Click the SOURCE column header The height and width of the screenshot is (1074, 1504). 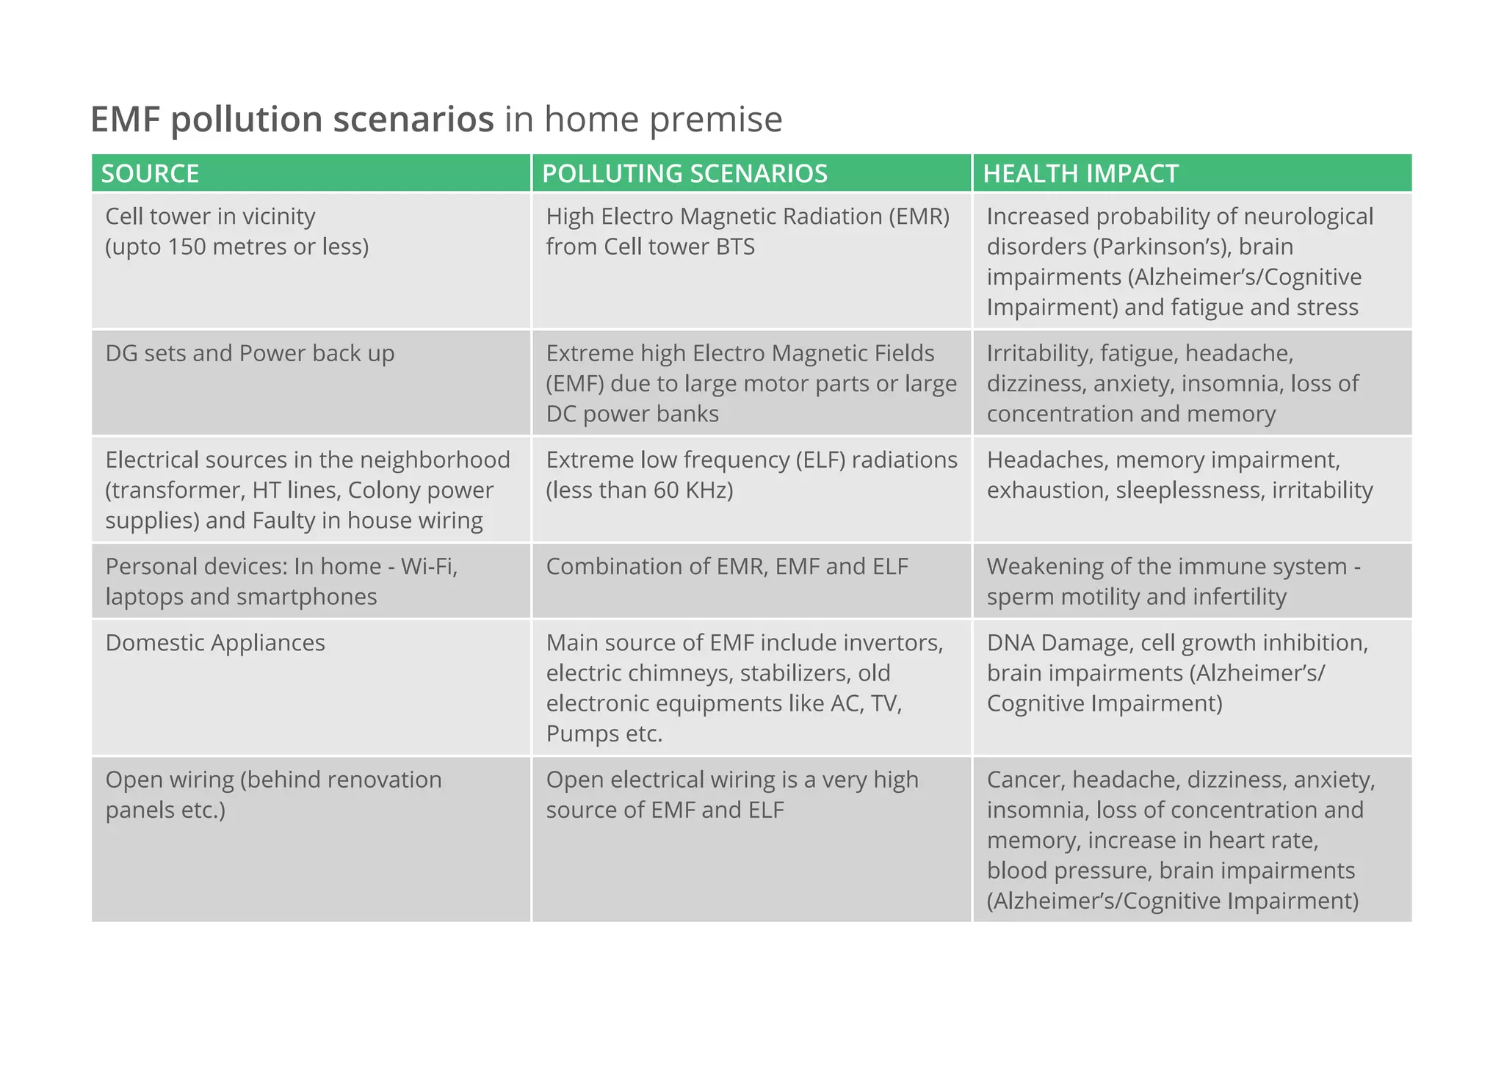tap(150, 174)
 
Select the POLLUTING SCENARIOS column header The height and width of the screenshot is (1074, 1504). tap(684, 174)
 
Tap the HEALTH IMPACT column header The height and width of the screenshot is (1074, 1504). tap(1080, 174)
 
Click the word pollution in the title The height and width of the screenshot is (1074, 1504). tap(246, 120)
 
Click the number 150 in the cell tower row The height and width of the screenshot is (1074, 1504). tap(187, 247)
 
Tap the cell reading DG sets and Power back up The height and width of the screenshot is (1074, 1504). tap(250, 353)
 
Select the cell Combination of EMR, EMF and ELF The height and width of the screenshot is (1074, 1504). tap(727, 567)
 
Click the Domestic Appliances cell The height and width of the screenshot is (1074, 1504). tap(215, 643)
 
